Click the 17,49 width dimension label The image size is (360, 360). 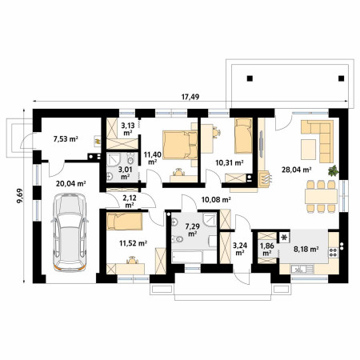coord(190,97)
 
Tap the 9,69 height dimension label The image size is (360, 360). coord(20,196)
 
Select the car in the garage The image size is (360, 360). coord(70,232)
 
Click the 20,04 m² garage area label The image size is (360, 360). coord(70,184)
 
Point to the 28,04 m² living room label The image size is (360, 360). coord(297,170)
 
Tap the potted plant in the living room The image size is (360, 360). coord(333,170)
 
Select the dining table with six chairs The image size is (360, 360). coord(321,196)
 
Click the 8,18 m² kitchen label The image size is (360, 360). coord(306,250)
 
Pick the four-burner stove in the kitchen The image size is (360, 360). coord(333,252)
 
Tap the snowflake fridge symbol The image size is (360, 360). coord(285,237)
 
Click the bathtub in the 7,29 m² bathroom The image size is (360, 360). coord(186,257)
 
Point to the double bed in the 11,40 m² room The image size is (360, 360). coord(180,145)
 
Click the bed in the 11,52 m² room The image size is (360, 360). coord(124,221)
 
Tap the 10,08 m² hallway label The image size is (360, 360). coord(216,199)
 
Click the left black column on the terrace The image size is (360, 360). coord(250,78)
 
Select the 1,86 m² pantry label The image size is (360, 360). coord(267,250)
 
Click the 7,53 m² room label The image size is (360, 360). coord(66,139)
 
